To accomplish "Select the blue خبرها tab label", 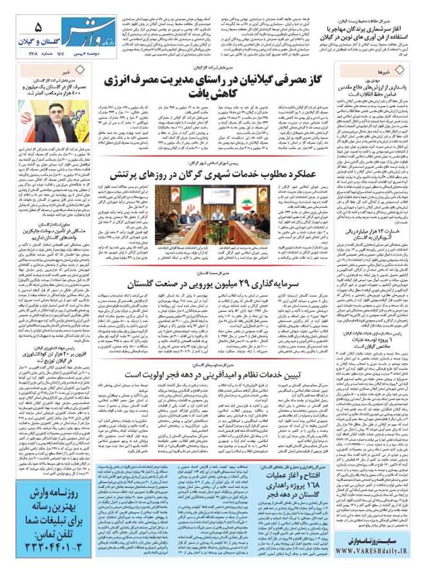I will click(404, 66).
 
